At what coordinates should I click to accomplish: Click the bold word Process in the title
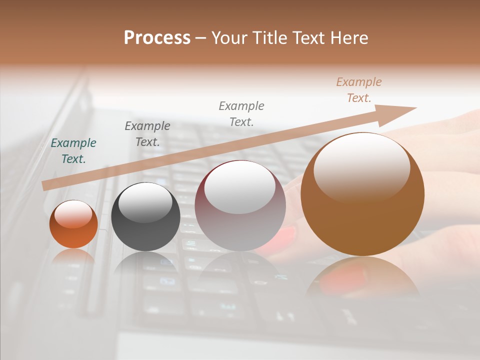(x=157, y=38)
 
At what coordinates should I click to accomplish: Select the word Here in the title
(x=348, y=38)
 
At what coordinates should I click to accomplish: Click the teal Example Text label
(x=73, y=151)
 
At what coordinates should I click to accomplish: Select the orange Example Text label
(x=359, y=90)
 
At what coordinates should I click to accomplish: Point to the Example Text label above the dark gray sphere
(x=147, y=134)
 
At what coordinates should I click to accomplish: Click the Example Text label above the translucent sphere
(x=241, y=113)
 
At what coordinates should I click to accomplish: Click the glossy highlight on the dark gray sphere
(x=145, y=201)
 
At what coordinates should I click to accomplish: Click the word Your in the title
(x=230, y=38)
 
